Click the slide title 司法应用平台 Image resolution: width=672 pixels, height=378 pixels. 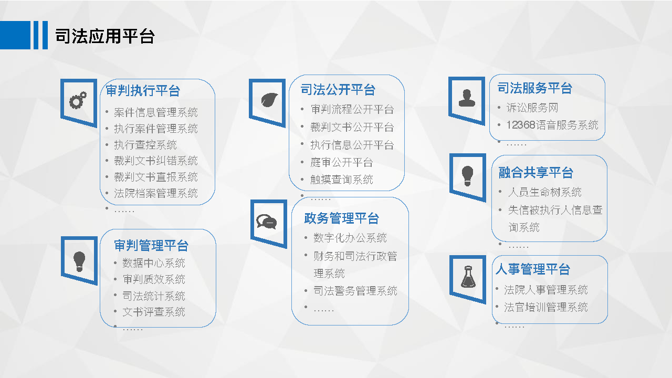(x=105, y=36)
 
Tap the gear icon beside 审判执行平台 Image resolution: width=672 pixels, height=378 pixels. (x=78, y=100)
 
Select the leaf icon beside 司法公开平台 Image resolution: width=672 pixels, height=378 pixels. (x=269, y=100)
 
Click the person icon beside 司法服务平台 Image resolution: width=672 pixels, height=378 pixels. (x=467, y=98)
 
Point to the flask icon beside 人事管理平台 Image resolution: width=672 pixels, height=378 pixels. (x=468, y=277)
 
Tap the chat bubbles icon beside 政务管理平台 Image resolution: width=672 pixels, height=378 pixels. (x=266, y=222)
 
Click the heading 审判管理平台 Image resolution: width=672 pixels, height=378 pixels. (x=151, y=245)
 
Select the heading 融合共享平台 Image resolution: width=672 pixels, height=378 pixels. (x=536, y=173)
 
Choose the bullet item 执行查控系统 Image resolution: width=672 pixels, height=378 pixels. (x=145, y=145)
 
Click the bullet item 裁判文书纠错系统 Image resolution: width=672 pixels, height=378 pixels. (x=156, y=161)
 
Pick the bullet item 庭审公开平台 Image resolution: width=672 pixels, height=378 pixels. (x=341, y=162)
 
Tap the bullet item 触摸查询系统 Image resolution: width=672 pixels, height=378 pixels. (x=341, y=180)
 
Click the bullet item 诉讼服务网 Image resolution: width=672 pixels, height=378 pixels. (x=532, y=108)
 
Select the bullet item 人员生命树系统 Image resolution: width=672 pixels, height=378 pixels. (x=545, y=192)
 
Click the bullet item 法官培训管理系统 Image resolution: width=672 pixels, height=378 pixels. (x=545, y=307)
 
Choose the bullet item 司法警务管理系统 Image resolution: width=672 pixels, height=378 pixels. (x=355, y=291)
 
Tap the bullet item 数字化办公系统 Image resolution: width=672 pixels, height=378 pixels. (x=350, y=238)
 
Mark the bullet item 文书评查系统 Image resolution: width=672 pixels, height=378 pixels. (x=154, y=312)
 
